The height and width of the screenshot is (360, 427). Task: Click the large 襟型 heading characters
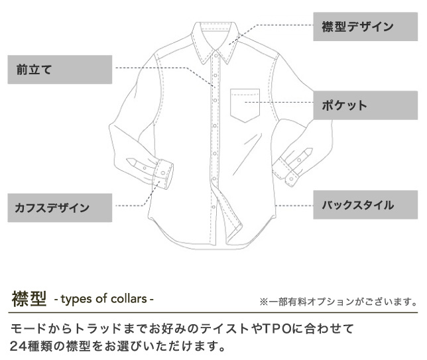click(x=29, y=298)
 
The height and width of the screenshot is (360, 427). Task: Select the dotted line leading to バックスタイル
click(x=292, y=206)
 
